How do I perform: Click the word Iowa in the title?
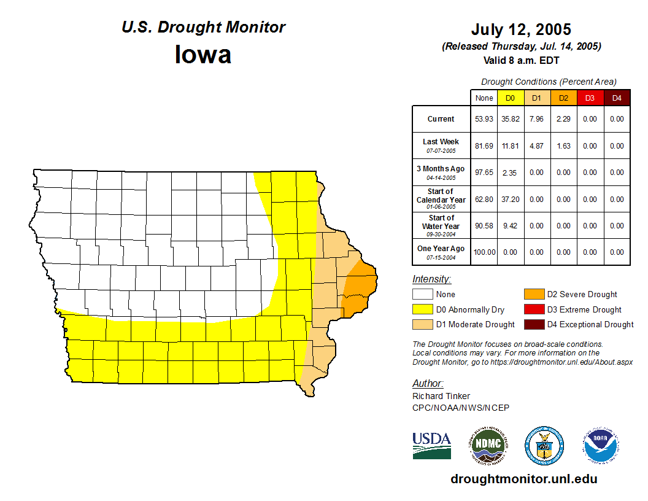tap(203, 55)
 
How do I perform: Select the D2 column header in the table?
tap(563, 98)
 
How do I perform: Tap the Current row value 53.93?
tap(484, 119)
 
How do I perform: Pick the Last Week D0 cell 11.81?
tap(510, 146)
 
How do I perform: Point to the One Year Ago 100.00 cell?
tap(484, 252)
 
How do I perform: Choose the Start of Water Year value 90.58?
tap(484, 226)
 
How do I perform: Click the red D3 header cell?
tap(590, 98)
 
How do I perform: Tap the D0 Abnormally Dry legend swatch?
tap(423, 309)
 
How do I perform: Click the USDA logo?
tap(431, 445)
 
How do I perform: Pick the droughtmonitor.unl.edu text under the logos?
tap(523, 479)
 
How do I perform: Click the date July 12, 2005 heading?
tap(521, 29)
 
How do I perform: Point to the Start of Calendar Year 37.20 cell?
tap(510, 200)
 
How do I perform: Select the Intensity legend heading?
tap(431, 279)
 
